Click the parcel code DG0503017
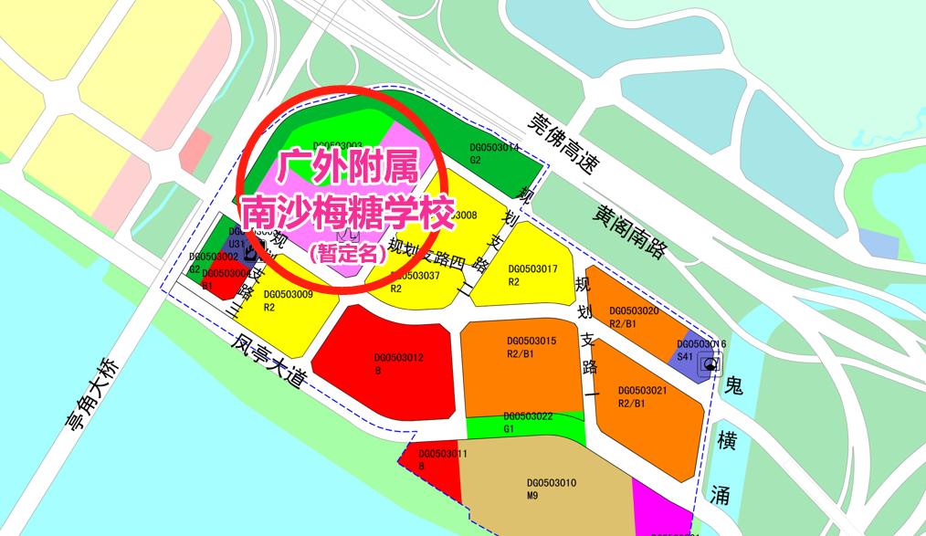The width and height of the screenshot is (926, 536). pos(532,269)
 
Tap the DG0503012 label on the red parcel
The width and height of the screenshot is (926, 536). pos(399,358)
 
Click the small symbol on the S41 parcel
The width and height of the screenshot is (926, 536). pos(709,365)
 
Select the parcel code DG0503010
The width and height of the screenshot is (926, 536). pos(552,483)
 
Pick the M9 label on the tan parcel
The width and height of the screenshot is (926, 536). pos(533,496)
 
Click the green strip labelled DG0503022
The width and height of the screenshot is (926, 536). pos(525,427)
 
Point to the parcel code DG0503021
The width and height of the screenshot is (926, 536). pos(643,390)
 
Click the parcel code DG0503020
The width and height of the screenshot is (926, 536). pos(634,310)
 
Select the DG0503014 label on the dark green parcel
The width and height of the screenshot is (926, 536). pos(494,146)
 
